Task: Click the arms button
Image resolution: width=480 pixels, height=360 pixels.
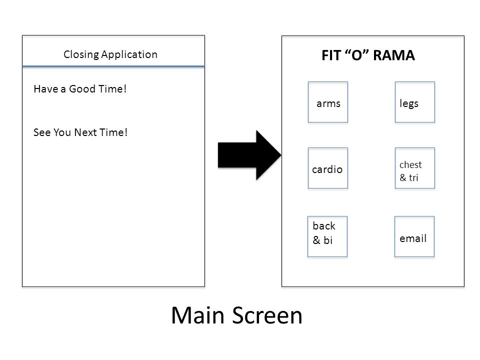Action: (328, 102)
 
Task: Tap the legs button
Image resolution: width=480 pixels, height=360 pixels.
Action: (415, 102)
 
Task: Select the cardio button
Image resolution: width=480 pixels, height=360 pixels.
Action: (328, 168)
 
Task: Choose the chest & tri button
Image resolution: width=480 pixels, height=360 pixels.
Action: (415, 168)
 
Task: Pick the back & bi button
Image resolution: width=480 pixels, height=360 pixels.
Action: (327, 236)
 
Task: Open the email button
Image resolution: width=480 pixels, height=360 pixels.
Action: (414, 236)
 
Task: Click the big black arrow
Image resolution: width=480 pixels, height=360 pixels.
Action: (249, 155)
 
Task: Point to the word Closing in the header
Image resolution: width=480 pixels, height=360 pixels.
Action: (81, 55)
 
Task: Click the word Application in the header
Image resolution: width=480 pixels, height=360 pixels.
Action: (129, 55)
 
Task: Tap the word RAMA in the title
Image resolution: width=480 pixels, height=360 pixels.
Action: (394, 55)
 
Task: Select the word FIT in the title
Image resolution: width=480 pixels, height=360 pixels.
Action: (331, 55)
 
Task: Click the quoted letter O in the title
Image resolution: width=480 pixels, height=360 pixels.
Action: (356, 55)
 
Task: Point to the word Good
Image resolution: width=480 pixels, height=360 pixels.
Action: (82, 89)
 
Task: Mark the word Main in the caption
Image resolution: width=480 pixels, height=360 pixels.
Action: (198, 315)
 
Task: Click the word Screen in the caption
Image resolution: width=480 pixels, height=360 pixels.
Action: (267, 315)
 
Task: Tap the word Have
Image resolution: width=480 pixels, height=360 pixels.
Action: (46, 89)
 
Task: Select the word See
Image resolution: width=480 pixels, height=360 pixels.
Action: (42, 132)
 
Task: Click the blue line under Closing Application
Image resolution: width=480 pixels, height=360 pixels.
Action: (113, 66)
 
